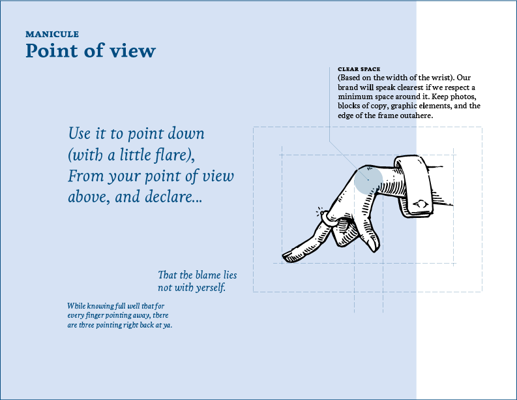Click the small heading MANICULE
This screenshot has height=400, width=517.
click(x=52, y=34)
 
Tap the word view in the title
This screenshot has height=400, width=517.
click(x=135, y=51)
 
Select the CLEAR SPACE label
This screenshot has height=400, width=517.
click(x=359, y=69)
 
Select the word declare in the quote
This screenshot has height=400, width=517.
click(x=170, y=197)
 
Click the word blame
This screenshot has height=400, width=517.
click(x=209, y=275)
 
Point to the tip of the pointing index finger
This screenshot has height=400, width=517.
click(x=284, y=254)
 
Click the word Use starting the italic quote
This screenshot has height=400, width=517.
click(x=80, y=134)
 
